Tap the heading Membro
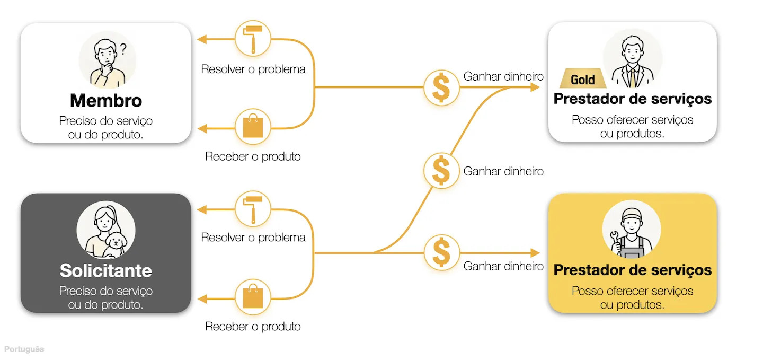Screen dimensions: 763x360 point(106,101)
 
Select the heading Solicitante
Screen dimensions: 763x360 point(106,271)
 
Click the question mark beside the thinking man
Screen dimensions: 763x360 point(123,49)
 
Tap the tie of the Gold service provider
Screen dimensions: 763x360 point(633,78)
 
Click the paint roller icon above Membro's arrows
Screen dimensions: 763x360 point(253,39)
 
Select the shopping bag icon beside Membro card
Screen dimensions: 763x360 point(253,127)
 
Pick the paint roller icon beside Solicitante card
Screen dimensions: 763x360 point(253,209)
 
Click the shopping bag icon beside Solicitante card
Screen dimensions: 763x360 point(253,296)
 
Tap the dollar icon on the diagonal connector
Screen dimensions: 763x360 point(441,170)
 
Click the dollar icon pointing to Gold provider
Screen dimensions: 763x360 point(441,87)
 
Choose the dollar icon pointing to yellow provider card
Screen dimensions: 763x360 point(441,252)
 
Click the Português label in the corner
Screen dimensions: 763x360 point(24,349)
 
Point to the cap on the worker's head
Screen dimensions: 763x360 point(632,214)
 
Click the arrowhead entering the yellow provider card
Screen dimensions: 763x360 point(536,253)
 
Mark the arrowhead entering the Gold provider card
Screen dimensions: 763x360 point(536,87)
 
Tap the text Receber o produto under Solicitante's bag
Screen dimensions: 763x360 point(253,327)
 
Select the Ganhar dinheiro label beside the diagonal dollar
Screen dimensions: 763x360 point(503,171)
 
